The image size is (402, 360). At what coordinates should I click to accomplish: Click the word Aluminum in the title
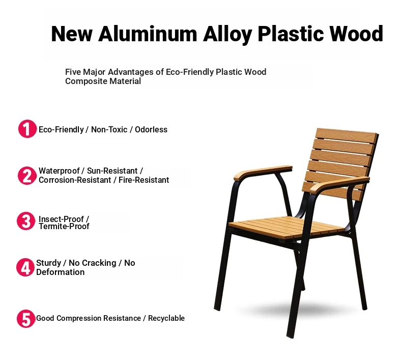[x=148, y=34]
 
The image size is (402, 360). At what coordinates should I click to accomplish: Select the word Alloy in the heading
[x=227, y=35]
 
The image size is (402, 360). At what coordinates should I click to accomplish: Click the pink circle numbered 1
[x=27, y=129]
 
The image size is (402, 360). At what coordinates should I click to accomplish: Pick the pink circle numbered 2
[x=26, y=176]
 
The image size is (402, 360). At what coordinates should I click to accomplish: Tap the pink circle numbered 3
[x=26, y=221]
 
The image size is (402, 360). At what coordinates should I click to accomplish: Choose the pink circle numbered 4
[x=25, y=267]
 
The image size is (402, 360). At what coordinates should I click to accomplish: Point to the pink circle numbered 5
[x=26, y=319]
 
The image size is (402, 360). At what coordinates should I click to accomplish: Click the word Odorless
[x=151, y=129]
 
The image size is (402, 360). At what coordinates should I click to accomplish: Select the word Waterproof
[x=59, y=171]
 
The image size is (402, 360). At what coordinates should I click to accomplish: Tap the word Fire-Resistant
[x=143, y=180]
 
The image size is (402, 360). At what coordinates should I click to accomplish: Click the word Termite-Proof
[x=64, y=226]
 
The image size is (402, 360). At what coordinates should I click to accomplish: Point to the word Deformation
[x=60, y=272]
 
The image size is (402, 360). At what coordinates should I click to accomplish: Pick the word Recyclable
[x=166, y=318]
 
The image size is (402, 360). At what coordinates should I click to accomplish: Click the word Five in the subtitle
[x=73, y=72]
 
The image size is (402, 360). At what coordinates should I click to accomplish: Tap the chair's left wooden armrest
[x=263, y=172]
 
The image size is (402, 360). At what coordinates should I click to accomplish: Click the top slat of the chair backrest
[x=347, y=135]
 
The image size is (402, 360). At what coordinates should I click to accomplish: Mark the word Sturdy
[x=48, y=263]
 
